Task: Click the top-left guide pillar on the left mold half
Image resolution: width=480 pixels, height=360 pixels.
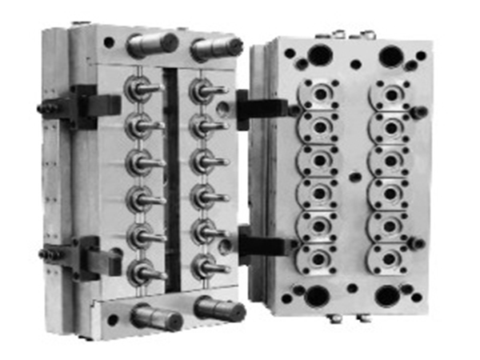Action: (x=150, y=43)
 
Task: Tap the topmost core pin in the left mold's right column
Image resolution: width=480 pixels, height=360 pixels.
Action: (x=206, y=90)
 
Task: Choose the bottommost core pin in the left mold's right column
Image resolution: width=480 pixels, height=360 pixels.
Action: (x=206, y=267)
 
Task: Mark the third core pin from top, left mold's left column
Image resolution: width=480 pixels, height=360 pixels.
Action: (x=142, y=162)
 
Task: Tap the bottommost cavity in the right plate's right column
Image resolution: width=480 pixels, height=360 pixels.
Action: (x=390, y=260)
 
